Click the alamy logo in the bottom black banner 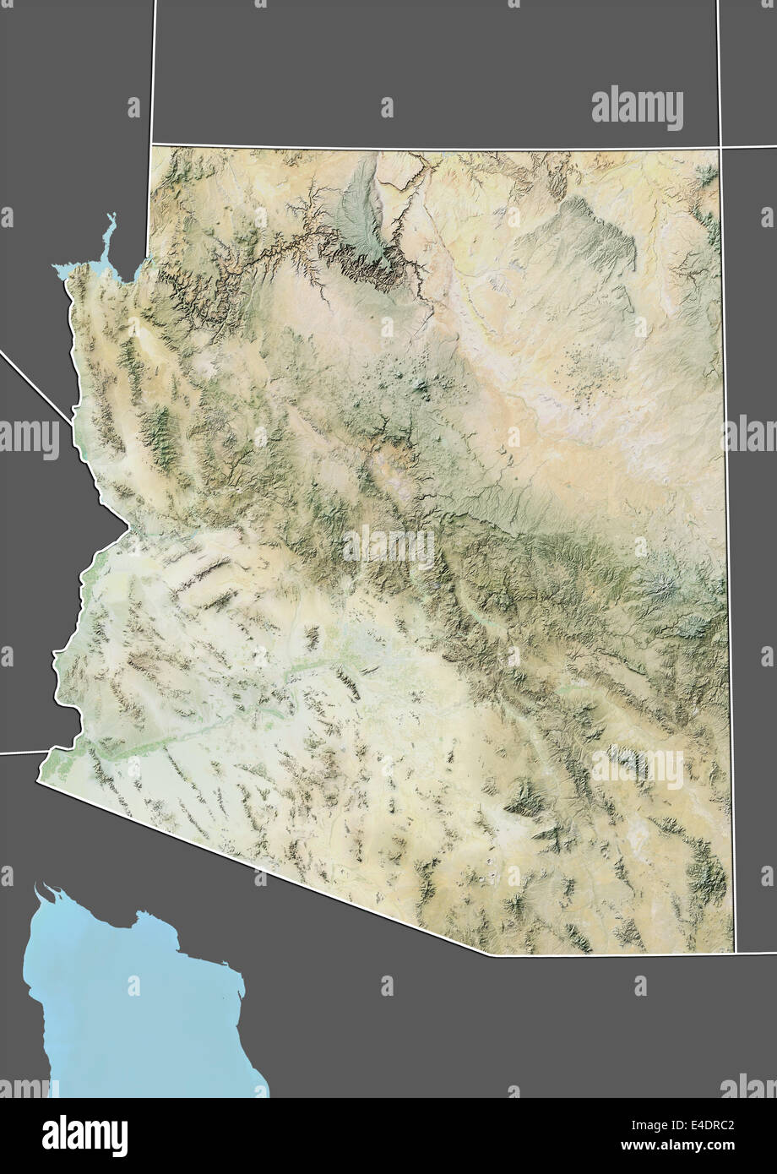coord(84,1135)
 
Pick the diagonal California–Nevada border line coord(34,385)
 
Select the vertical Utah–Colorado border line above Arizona coord(718,68)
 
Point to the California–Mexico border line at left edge coord(21,752)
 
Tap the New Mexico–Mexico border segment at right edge coord(756,952)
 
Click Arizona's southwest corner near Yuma coord(38,781)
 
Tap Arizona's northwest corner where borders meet coord(151,145)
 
